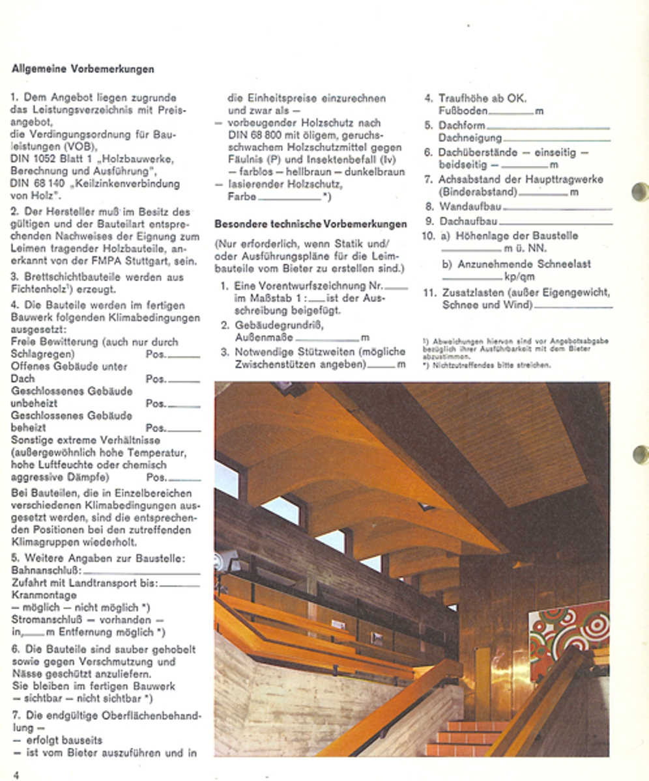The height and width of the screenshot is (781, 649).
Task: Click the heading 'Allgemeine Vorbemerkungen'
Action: coord(83,68)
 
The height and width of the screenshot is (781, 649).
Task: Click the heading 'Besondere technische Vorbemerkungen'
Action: coord(310,224)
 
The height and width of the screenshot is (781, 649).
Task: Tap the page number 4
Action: coord(16,774)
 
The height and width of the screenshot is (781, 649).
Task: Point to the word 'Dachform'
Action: coord(462,126)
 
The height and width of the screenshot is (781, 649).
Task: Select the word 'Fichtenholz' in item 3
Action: coord(38,289)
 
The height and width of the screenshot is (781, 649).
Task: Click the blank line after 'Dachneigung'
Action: coord(556,140)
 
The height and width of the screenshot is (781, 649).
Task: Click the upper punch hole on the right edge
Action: coord(640,191)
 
